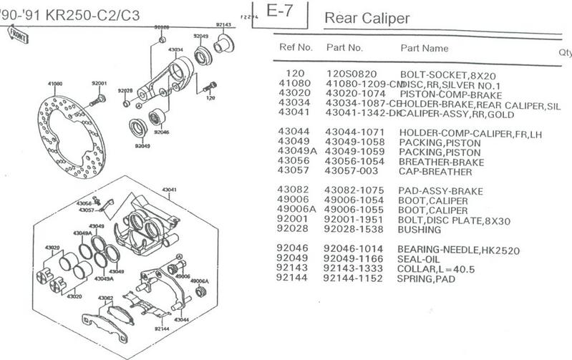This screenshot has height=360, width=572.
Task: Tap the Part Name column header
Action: tap(424, 49)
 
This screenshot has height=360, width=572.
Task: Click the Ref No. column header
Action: tap(294, 49)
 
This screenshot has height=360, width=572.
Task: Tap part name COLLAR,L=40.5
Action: tap(437, 269)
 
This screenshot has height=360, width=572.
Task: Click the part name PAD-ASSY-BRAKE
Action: tap(440, 190)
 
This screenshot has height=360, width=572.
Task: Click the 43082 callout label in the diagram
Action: tap(106, 296)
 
